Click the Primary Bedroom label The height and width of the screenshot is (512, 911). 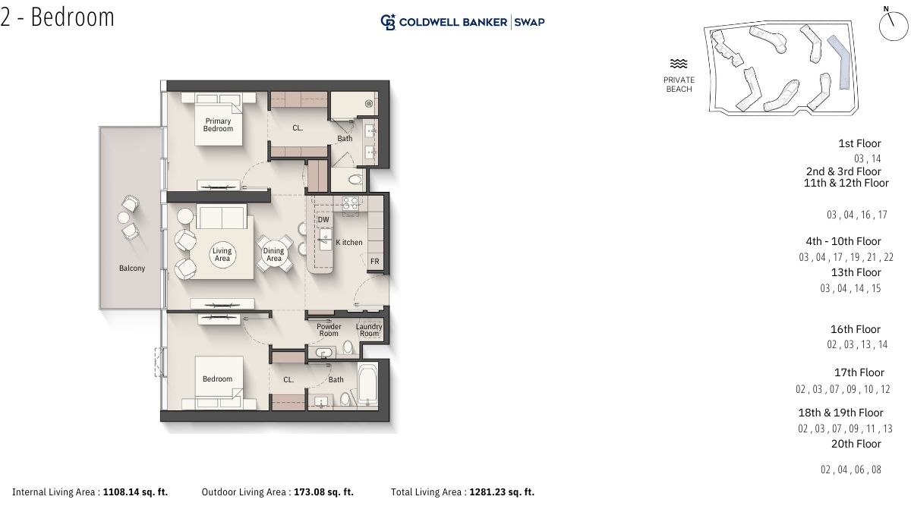218,124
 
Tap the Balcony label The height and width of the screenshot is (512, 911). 132,269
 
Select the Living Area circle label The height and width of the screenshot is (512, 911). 222,254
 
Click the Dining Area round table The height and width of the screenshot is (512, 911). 274,254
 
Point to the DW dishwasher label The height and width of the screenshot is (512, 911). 323,220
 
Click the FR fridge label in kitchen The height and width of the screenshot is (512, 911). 374,261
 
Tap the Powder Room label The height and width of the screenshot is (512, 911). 329,330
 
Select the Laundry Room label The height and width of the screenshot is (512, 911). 369,330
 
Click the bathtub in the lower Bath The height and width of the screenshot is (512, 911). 367,385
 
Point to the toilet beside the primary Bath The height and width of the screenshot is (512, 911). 355,179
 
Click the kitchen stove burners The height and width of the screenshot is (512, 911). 351,203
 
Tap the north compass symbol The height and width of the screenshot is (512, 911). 893,24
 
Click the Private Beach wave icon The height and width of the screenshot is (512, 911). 679,64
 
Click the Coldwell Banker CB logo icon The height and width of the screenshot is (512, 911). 388,22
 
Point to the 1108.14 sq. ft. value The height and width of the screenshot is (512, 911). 135,492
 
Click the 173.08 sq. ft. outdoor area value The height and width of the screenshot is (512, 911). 323,492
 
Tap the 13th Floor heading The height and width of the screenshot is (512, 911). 856,272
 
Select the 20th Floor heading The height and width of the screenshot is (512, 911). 856,444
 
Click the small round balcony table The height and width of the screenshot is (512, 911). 124,218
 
